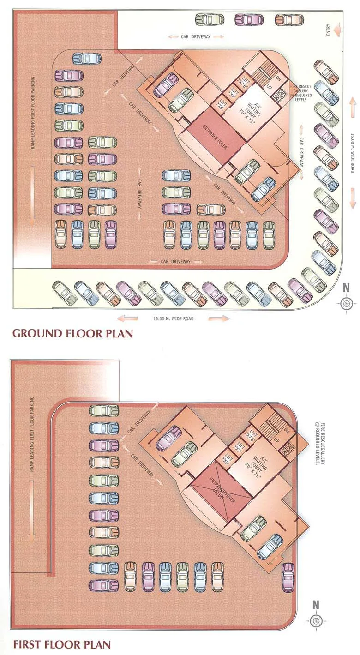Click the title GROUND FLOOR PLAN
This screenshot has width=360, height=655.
tap(72, 333)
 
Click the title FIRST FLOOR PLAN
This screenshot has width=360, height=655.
tap(61, 644)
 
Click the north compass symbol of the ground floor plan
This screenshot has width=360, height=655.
tap(347, 303)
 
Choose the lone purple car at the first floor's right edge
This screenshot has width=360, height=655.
tap(288, 577)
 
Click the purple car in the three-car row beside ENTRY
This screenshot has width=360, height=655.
tap(249, 20)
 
